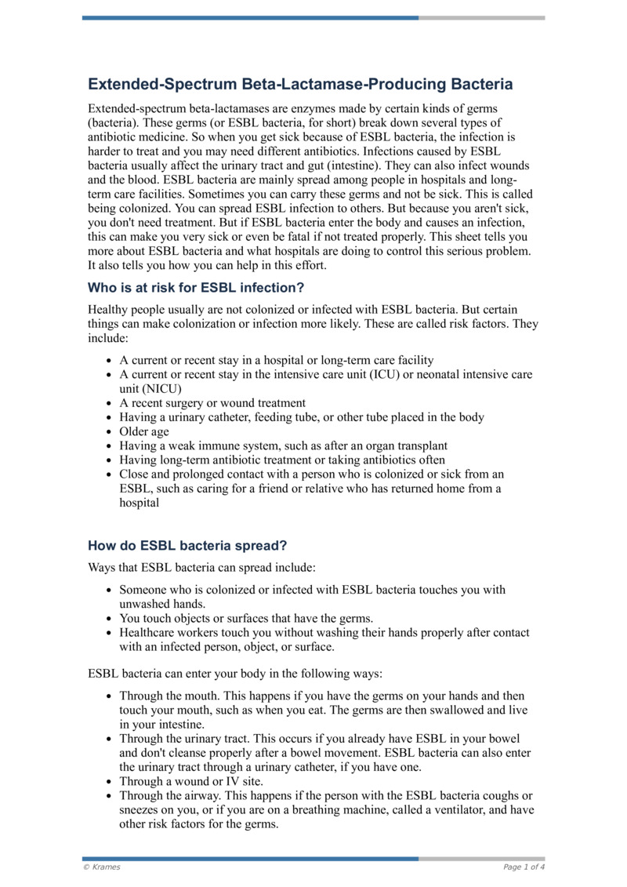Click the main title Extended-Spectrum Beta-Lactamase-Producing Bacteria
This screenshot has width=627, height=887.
(300, 84)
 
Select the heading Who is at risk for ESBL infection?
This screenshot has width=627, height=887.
(196, 287)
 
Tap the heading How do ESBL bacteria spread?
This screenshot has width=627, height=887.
(188, 546)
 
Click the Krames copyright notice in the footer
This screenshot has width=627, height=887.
(102, 867)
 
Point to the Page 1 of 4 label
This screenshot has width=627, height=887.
(524, 867)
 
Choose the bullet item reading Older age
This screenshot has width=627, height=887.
(143, 431)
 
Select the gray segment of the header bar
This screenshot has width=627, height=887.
(481, 17)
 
